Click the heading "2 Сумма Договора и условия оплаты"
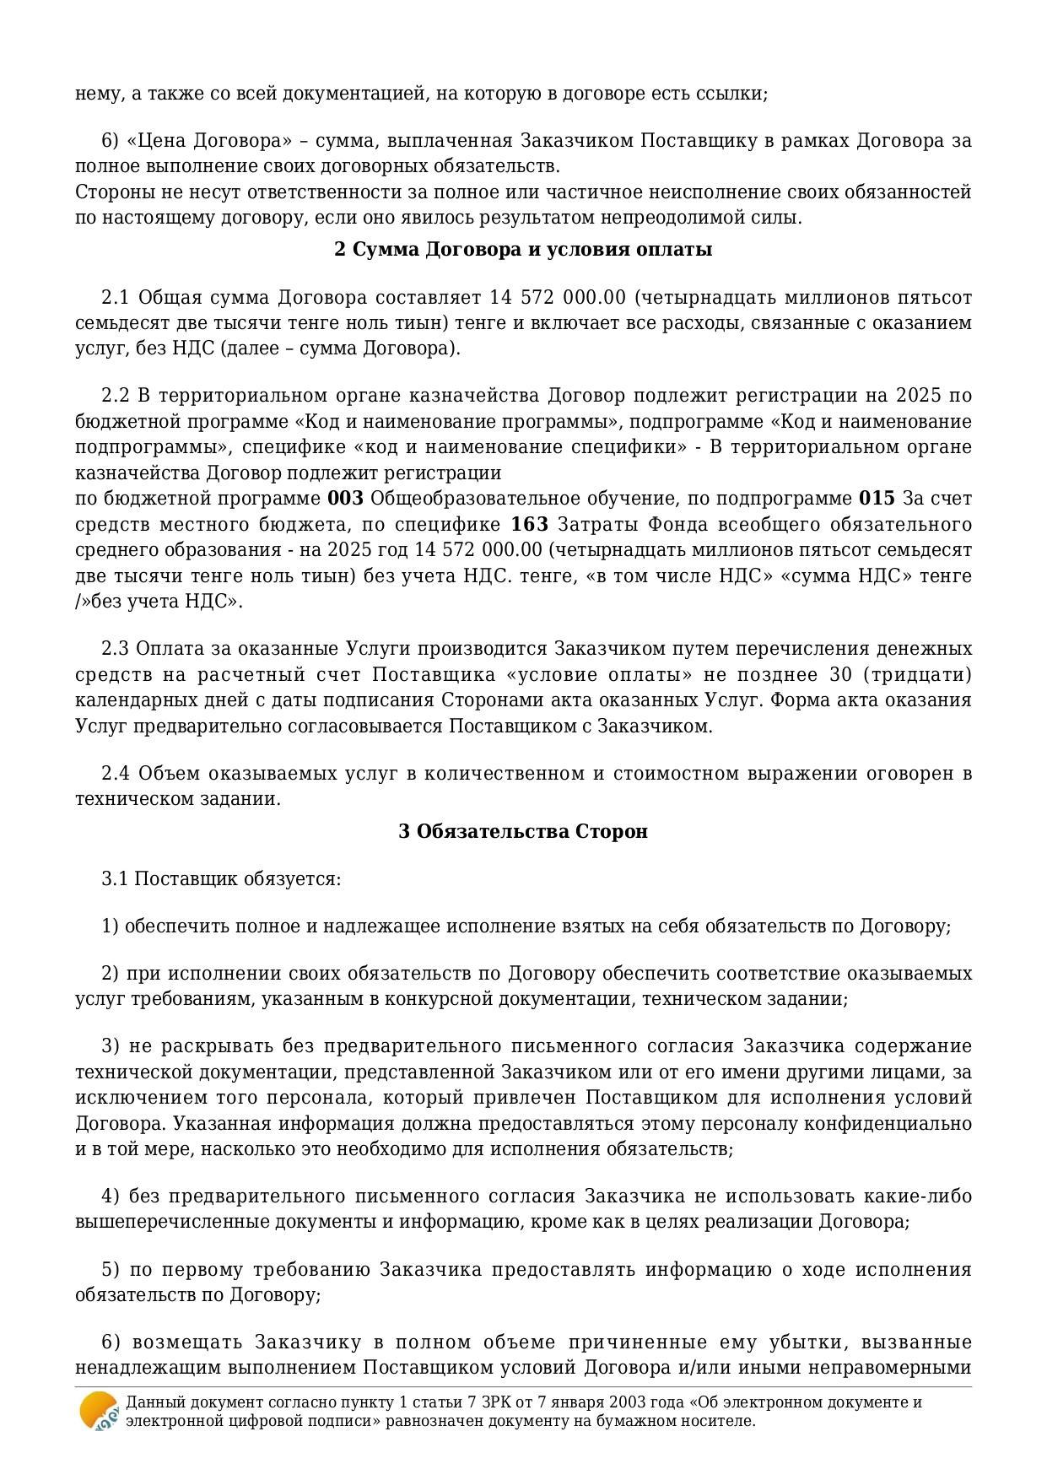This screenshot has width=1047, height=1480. point(523,250)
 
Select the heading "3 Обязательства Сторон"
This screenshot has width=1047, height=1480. point(523,831)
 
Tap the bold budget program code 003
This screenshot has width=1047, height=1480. point(345,499)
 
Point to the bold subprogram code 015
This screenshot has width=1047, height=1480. point(877,499)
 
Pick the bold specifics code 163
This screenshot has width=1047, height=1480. point(530,525)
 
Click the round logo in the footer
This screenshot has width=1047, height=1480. point(99,1411)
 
